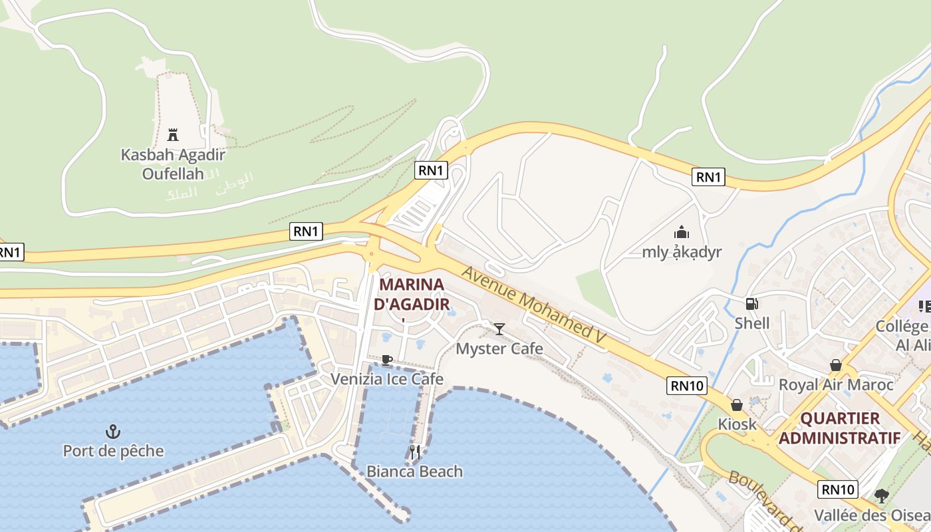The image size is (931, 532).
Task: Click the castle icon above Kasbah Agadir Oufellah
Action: click(173, 135)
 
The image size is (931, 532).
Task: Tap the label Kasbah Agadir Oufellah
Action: click(173, 164)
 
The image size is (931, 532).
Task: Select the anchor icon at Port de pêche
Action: click(113, 432)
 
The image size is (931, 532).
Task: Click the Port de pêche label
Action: click(113, 451)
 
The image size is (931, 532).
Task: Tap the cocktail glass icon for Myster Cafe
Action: click(499, 329)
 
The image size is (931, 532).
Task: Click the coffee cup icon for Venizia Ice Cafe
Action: click(386, 360)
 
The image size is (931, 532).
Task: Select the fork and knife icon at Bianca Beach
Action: click(414, 452)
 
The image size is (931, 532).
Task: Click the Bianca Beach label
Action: click(414, 471)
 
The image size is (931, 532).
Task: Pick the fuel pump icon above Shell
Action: click(751, 304)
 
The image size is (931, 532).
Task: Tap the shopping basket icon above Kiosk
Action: click(736, 405)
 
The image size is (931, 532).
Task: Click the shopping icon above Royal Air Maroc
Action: click(835, 365)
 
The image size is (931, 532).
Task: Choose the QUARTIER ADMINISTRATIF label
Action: click(840, 428)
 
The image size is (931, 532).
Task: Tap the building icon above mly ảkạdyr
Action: click(681, 233)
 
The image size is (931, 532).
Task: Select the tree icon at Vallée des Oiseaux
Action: click(882, 495)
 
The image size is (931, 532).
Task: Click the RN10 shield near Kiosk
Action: click(687, 386)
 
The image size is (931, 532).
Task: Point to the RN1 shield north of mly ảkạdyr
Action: click(708, 177)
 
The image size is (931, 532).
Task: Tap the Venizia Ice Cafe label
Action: click(387, 379)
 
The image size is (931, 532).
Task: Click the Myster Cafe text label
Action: click(499, 348)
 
